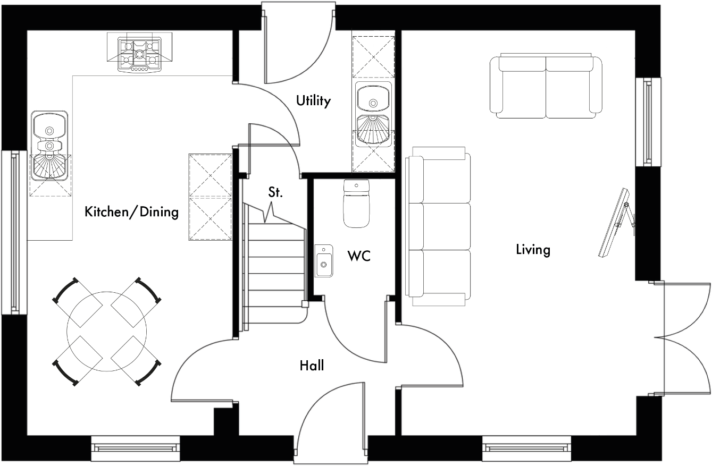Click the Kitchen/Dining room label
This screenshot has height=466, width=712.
131,213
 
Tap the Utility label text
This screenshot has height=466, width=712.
313,100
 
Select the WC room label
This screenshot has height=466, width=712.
358,256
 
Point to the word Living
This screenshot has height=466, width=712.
533,249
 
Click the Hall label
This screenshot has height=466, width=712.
312,365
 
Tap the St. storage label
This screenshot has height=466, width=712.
275,192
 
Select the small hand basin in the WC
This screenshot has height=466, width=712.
323,261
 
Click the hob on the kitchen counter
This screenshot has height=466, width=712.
140,53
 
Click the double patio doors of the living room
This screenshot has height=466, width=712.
683,338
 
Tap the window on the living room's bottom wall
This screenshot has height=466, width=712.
526,447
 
